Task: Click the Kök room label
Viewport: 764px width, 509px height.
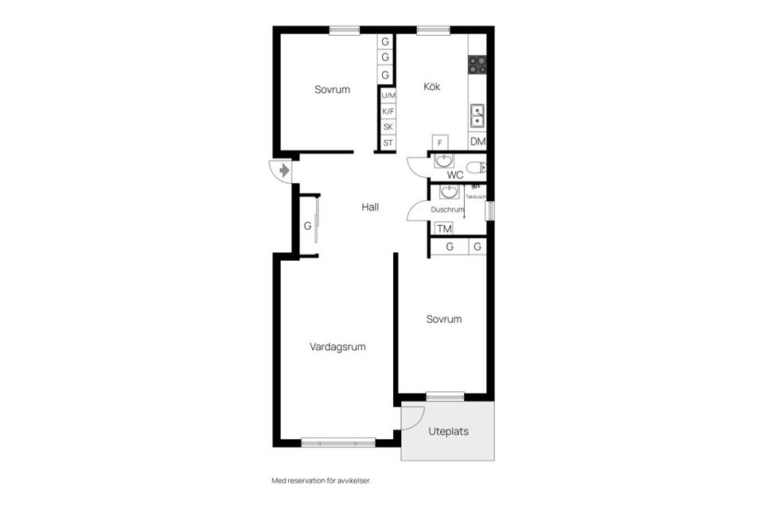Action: click(431, 87)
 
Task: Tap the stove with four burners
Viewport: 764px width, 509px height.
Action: click(477, 64)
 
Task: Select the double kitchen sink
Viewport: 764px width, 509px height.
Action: click(477, 116)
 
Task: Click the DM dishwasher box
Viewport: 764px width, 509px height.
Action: click(477, 142)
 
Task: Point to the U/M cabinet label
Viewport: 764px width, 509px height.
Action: click(388, 95)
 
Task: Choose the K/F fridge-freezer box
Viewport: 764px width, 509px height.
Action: click(388, 111)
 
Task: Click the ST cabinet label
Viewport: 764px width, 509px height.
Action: click(388, 143)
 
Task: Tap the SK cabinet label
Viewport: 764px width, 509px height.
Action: click(388, 127)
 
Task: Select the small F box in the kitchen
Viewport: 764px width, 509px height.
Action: click(440, 142)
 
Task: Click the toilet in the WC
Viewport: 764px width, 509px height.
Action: click(476, 168)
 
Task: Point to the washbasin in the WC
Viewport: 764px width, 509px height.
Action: click(444, 161)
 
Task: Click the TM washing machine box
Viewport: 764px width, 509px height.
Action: click(444, 228)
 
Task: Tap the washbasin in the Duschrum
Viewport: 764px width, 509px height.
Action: click(449, 192)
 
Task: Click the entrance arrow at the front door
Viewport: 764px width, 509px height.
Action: click(284, 170)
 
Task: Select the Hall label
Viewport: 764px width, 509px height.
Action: click(370, 207)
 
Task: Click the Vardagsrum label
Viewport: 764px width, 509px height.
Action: click(337, 347)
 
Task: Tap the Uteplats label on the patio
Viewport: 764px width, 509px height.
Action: click(448, 432)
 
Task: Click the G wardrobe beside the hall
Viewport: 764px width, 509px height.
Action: click(308, 226)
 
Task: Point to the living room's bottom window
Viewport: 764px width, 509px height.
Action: click(338, 443)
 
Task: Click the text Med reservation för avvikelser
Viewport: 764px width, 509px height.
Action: click(321, 480)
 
